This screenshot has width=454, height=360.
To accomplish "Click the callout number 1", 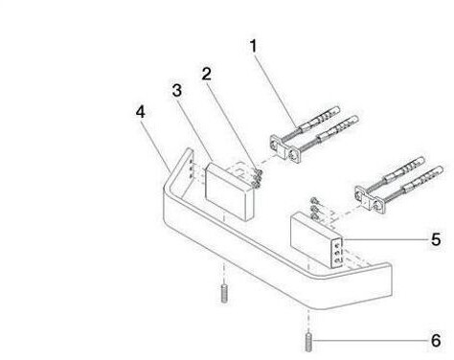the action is pyautogui.click(x=253, y=46).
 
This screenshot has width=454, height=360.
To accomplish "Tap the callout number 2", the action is pyautogui.click(x=207, y=74).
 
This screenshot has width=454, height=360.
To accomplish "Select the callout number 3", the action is pyautogui.click(x=177, y=90).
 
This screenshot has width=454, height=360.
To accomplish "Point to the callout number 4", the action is pyautogui.click(x=141, y=112).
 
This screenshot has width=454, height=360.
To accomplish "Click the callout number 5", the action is pyautogui.click(x=436, y=239).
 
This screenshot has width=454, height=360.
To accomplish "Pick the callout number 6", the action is pyautogui.click(x=436, y=341).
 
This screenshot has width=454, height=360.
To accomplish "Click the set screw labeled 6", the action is pyautogui.click(x=308, y=343).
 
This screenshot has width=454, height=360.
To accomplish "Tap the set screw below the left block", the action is pyautogui.click(x=224, y=293).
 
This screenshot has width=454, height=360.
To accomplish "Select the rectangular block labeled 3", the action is pyautogui.click(x=230, y=191).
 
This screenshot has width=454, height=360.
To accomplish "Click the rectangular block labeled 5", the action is pyautogui.click(x=316, y=241).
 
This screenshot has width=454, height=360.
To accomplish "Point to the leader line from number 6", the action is pyautogui.click(x=370, y=341).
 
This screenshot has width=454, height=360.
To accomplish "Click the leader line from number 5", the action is pyautogui.click(x=385, y=239).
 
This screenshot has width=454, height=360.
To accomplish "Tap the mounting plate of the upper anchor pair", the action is pyautogui.click(x=285, y=149).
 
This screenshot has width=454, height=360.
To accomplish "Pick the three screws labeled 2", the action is pyautogui.click(x=258, y=178).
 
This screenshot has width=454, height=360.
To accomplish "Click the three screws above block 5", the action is pyautogui.click(x=315, y=209).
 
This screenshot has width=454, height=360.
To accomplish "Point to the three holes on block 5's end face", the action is pyautogui.click(x=337, y=254).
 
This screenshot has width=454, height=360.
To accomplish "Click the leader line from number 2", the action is pyautogui.click(x=234, y=125).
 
